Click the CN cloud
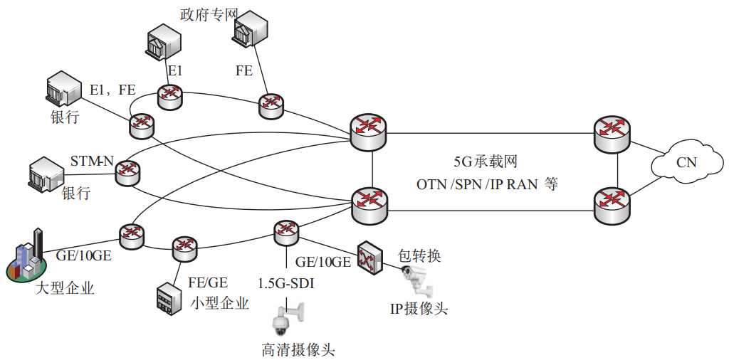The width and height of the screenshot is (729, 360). (x=686, y=163)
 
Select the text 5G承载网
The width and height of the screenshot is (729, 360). (x=485, y=162)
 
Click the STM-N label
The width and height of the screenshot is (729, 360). (x=92, y=162)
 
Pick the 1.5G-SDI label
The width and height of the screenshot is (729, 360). (x=287, y=284)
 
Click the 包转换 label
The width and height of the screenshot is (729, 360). (x=419, y=255)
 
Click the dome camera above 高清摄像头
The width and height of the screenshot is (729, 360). (x=285, y=318)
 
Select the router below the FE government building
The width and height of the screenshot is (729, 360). (x=271, y=106)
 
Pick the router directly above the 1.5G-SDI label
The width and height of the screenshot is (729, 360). (x=286, y=231)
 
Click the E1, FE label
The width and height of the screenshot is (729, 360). (x=112, y=90)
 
